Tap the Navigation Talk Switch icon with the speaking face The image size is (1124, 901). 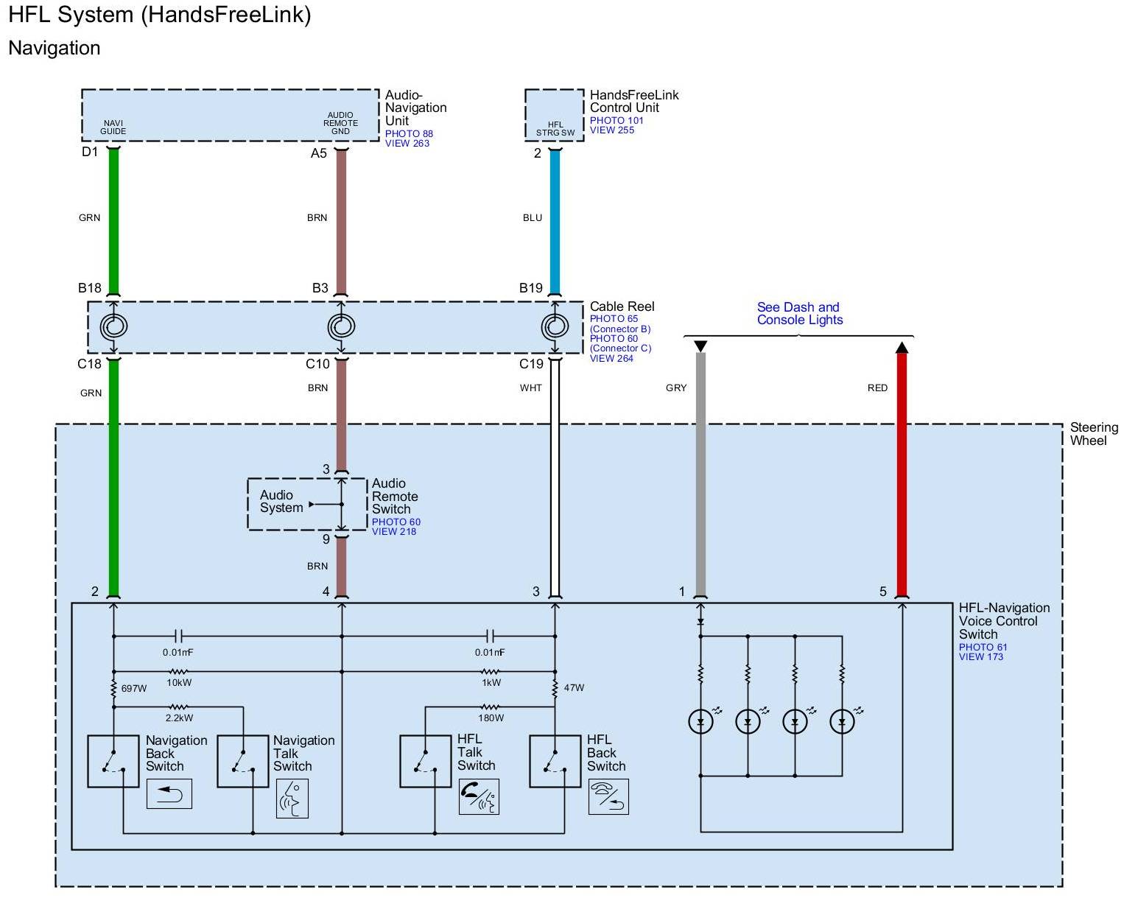click(x=292, y=798)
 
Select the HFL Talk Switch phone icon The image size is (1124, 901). click(x=479, y=796)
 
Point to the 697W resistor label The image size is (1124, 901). click(x=134, y=688)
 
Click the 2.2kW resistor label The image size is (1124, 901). click(x=179, y=718)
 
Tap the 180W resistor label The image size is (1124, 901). click(x=491, y=718)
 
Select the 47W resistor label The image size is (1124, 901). click(x=574, y=688)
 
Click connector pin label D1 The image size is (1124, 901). click(x=90, y=152)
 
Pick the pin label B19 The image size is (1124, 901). click(x=530, y=288)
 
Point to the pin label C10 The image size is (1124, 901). click(x=317, y=364)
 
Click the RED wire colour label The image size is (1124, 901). click(x=877, y=388)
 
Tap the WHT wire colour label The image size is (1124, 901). click(x=530, y=388)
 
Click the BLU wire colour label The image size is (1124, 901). click(x=533, y=217)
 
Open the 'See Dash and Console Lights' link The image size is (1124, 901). click(x=799, y=313)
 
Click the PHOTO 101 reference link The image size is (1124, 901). click(x=617, y=120)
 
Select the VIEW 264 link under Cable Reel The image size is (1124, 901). click(x=611, y=359)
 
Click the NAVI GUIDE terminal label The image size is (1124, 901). click(x=113, y=127)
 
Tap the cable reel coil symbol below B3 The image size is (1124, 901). click(x=341, y=326)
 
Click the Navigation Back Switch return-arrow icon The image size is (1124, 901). click(x=169, y=794)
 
